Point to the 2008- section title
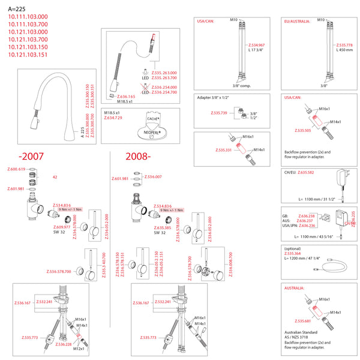tap(139, 157)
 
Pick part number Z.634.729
tap(113, 118)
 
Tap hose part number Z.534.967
tap(256, 44)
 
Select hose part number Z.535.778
tap(345, 45)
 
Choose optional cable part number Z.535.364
tap(293, 253)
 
